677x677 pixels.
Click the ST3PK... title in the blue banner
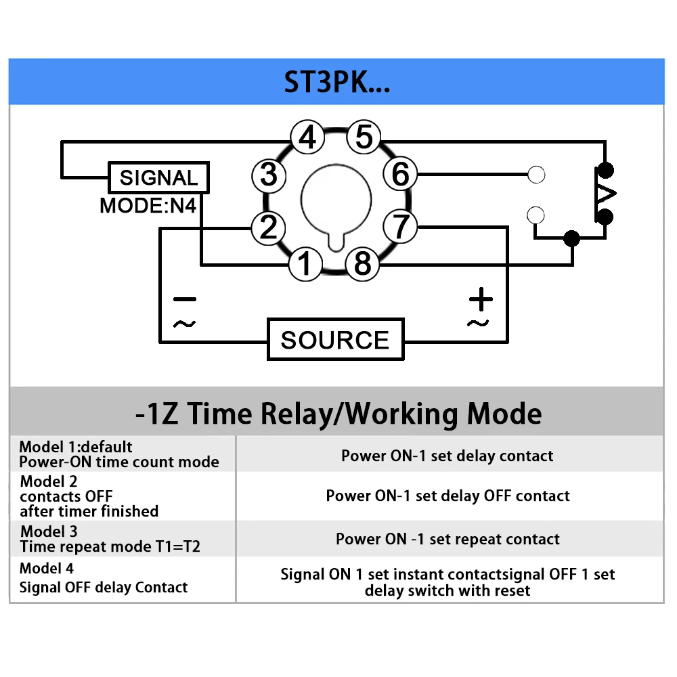336,82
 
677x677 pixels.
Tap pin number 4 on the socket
307,137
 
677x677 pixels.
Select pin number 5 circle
364,137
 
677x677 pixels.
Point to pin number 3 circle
269,175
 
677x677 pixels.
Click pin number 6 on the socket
400,173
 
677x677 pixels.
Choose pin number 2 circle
269,227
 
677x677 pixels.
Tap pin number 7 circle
401,226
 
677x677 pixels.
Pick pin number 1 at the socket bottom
305,263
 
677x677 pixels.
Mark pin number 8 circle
363,263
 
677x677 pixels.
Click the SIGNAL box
159,177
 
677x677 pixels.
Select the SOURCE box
336,339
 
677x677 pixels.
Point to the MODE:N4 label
148,206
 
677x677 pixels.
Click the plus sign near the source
481,299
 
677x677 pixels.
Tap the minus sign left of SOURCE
185,299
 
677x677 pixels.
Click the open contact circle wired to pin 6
536,175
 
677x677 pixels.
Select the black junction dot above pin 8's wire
572,238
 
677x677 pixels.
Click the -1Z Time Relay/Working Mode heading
338,413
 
